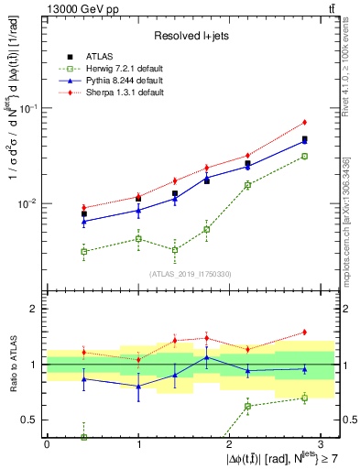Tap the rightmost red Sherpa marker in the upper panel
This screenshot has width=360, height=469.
point(305,122)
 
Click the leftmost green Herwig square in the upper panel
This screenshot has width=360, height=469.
point(84,251)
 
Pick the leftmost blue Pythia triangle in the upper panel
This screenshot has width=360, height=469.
point(84,222)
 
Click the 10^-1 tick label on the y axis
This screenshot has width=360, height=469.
point(27,108)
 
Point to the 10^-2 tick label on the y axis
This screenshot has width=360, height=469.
point(27,203)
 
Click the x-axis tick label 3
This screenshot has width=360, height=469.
point(322,443)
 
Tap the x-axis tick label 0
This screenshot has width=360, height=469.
point(47,443)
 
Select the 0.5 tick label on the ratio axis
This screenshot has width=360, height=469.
point(31,420)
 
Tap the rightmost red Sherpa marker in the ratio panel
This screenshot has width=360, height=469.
point(305,332)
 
